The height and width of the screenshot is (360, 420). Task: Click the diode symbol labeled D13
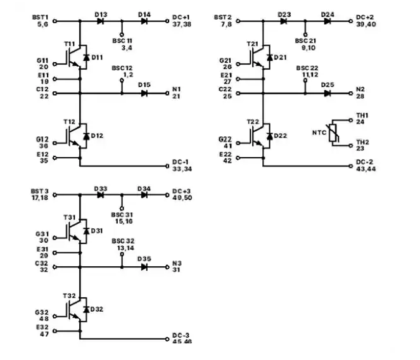coord(101,21)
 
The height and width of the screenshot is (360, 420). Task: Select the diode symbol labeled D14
coord(144,21)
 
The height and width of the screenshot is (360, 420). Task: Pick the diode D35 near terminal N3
coord(144,267)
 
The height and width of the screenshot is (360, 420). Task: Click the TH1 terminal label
coord(362,115)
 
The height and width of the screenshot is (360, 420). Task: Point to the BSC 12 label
coord(122,67)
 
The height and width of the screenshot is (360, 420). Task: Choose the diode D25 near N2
coord(327,93)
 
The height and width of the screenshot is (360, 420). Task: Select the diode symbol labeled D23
coord(284,21)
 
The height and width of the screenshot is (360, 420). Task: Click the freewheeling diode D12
coord(84,136)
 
